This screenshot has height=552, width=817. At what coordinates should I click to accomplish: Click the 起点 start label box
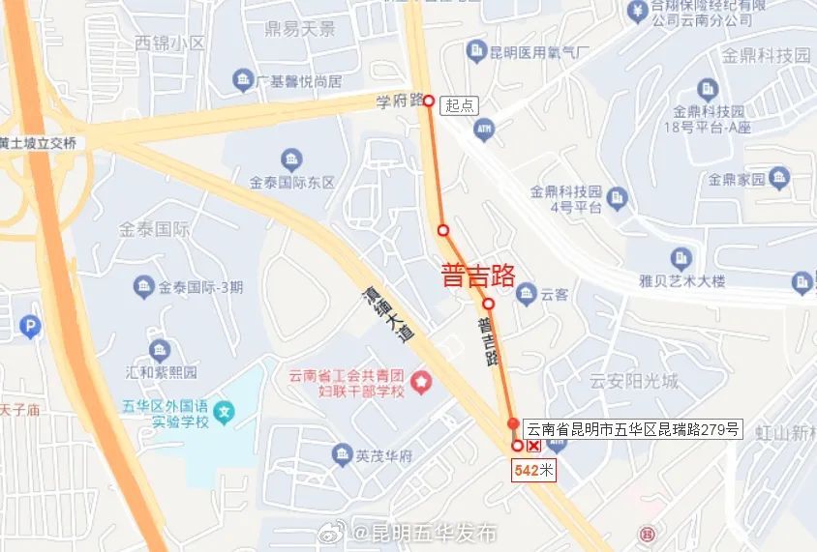461,104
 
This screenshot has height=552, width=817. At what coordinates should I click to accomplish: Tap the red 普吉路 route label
477,276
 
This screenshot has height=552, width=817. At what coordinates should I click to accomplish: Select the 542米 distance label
533,471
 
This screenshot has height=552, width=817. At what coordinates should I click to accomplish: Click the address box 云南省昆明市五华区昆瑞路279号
632,428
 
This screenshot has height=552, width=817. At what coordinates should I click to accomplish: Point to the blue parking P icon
31,329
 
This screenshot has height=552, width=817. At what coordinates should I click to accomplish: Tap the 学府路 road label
399,100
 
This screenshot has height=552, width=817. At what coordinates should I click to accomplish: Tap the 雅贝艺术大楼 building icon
681,258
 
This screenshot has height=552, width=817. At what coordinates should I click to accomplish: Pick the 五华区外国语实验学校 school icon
224,414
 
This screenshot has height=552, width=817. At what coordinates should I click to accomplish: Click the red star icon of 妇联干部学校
421,384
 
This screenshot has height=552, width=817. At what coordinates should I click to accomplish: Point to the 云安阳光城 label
635,380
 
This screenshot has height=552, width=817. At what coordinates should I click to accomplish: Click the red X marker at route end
534,446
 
